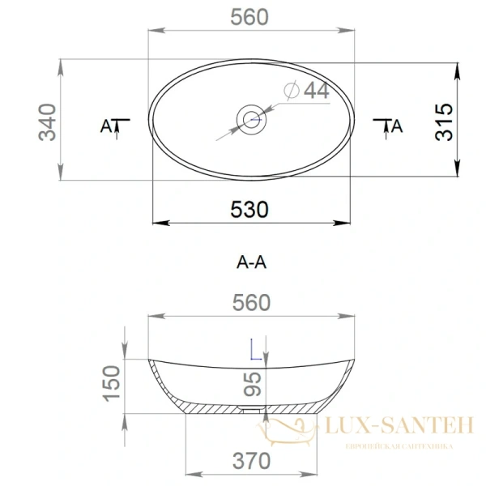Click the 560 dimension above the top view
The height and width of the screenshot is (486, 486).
coord(249,17)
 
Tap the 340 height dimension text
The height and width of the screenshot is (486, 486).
coord(47,122)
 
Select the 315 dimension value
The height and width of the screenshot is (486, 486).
coord(444,122)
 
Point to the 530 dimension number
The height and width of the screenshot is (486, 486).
coord(249,210)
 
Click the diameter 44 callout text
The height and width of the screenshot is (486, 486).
coord(306,91)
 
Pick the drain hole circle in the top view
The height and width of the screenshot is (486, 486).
coord(251,120)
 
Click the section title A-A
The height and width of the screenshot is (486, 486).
coord(251,262)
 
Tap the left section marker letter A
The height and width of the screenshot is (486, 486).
coord(106,126)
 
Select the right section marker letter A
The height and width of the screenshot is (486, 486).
coord(397,126)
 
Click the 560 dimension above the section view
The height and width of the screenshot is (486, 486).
coord(251,303)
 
